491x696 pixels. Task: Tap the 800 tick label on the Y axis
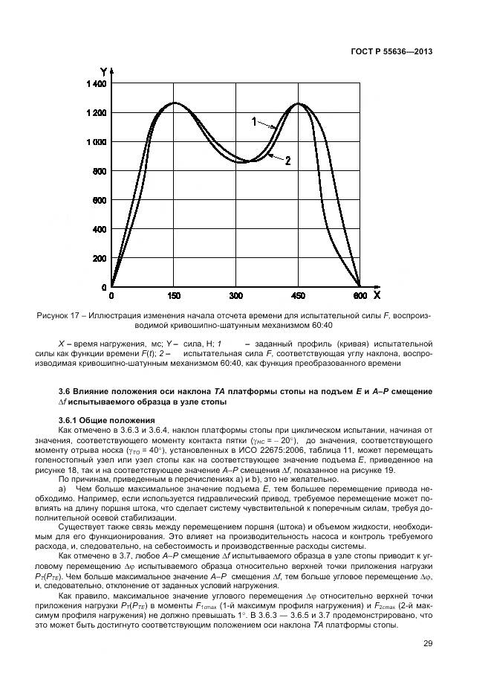pyautogui.click(x=98, y=171)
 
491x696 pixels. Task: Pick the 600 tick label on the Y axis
pyautogui.click(x=98, y=200)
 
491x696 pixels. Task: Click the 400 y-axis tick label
pyautogui.click(x=98, y=229)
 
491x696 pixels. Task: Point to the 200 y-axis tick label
pyautogui.click(x=98, y=258)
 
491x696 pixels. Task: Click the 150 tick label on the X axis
pyautogui.click(x=175, y=296)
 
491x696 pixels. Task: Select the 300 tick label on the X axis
pyautogui.click(x=236, y=296)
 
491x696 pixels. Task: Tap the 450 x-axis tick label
pyautogui.click(x=298, y=296)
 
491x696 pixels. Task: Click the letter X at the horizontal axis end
pyautogui.click(x=377, y=295)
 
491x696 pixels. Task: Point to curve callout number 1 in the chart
pyautogui.click(x=253, y=120)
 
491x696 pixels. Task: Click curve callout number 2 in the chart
pyautogui.click(x=287, y=160)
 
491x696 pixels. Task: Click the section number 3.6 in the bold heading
pyautogui.click(x=65, y=390)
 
